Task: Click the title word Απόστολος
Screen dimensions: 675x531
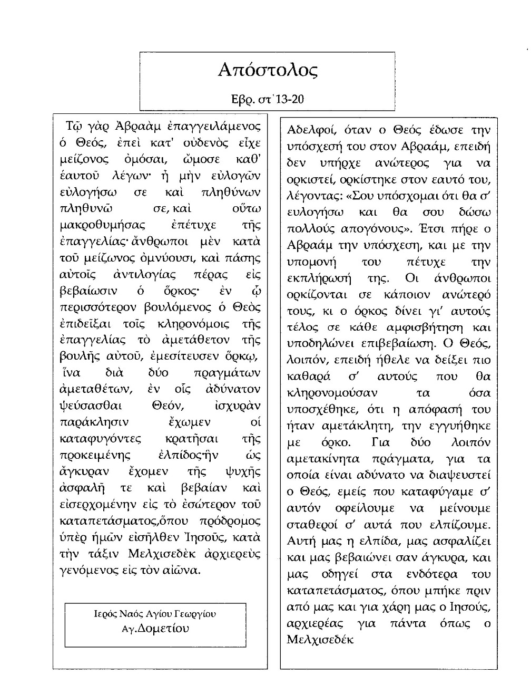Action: coord(268,70)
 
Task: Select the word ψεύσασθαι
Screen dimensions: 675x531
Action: coord(91,406)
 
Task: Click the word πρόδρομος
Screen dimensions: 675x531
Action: coord(230,521)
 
